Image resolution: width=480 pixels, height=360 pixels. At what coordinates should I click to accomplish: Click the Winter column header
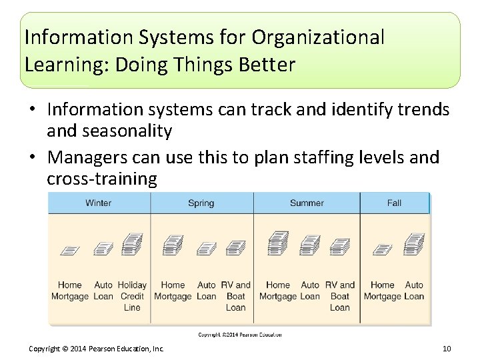click(99, 203)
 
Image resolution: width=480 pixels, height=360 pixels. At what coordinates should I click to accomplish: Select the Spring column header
click(201, 203)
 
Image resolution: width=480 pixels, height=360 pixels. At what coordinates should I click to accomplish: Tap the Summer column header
click(307, 203)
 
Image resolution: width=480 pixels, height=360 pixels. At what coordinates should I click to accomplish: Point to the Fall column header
click(394, 203)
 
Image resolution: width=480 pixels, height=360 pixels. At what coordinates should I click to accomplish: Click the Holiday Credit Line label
click(132, 296)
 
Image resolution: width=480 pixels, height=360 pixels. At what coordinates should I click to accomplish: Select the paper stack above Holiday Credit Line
click(132, 244)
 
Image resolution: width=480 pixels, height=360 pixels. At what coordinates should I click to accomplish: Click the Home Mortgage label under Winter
click(70, 291)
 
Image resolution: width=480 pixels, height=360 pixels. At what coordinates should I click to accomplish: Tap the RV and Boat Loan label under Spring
click(235, 296)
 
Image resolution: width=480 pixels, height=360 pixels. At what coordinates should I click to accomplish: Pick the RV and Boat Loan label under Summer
click(339, 296)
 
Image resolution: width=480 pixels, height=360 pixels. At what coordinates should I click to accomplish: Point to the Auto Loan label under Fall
click(414, 291)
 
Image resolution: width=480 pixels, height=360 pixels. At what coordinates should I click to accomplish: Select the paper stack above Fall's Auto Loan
click(414, 244)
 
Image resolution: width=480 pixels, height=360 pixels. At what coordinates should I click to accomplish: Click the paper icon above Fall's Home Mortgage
click(383, 249)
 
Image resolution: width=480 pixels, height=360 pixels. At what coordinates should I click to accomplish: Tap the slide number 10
click(447, 349)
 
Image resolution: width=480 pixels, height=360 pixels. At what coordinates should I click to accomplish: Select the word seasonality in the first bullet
click(127, 131)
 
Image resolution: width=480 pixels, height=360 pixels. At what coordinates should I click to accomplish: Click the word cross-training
click(102, 179)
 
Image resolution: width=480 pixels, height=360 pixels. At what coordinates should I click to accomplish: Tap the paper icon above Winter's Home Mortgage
click(70, 250)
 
